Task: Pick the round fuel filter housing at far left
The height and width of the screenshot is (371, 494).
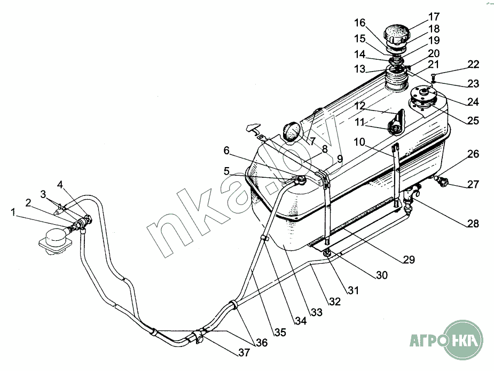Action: click(x=54, y=237)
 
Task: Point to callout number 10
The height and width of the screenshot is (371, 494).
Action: click(x=358, y=142)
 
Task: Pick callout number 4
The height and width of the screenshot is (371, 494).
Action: click(x=60, y=185)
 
